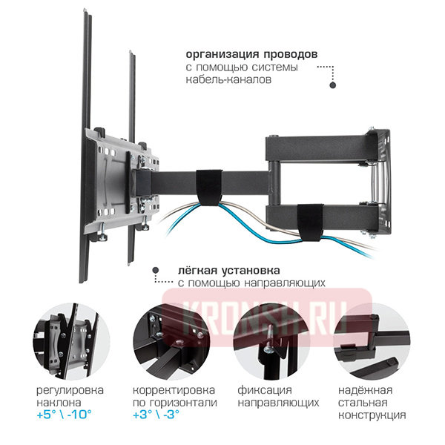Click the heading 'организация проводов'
252,55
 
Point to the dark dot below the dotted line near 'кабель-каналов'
333,85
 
